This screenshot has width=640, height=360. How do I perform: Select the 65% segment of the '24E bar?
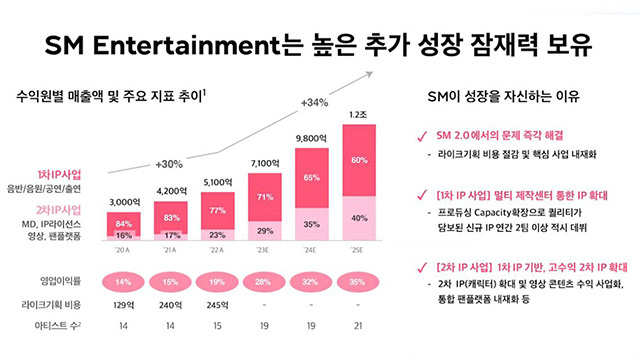(310, 176)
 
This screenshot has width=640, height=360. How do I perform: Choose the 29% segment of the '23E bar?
(266, 229)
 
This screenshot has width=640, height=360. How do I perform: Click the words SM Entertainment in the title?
(152, 46)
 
